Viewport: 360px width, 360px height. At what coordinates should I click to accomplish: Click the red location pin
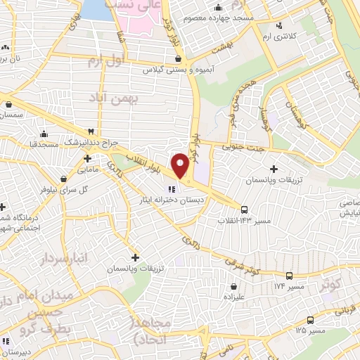point(181,165)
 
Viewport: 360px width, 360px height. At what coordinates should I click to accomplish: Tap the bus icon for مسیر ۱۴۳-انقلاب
point(245,210)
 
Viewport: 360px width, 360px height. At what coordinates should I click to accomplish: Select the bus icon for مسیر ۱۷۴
point(288,276)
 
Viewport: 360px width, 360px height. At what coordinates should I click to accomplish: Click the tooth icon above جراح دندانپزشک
point(91,131)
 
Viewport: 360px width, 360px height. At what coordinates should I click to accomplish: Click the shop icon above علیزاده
point(233,286)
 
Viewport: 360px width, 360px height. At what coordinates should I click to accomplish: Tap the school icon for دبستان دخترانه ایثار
point(171,188)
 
